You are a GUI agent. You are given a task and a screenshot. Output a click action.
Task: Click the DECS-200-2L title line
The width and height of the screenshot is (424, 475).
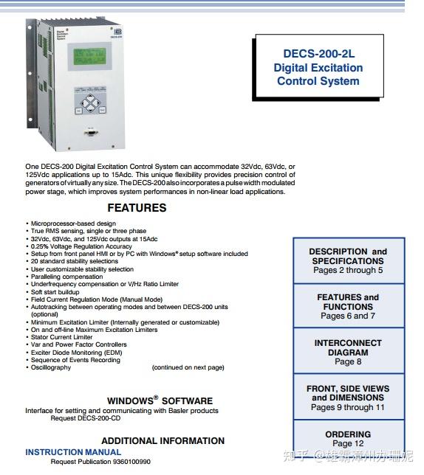click(318, 53)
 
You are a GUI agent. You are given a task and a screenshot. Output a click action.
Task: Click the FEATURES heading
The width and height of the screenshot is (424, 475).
click(137, 208)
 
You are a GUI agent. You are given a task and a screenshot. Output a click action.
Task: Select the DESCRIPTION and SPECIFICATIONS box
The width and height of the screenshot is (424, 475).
click(348, 260)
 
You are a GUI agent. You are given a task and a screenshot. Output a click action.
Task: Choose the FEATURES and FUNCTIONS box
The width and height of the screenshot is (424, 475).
click(348, 306)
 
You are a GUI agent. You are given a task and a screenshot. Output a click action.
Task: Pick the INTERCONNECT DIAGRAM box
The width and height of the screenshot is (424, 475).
click(348, 352)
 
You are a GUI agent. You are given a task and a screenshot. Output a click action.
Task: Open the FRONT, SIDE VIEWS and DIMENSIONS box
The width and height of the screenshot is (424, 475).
click(348, 398)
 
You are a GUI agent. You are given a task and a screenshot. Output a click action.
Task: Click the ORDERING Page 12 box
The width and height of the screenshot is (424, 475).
click(348, 439)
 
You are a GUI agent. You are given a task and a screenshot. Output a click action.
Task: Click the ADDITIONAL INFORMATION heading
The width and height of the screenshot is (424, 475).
click(163, 441)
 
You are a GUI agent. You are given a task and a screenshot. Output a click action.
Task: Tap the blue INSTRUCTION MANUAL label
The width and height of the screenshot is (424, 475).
click(73, 452)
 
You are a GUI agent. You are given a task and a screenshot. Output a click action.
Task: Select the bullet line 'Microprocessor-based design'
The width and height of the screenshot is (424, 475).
click(72, 223)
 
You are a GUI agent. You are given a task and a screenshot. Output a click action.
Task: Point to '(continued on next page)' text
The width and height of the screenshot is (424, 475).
click(188, 367)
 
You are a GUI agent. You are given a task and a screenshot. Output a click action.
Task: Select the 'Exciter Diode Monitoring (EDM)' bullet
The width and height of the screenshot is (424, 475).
click(78, 353)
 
